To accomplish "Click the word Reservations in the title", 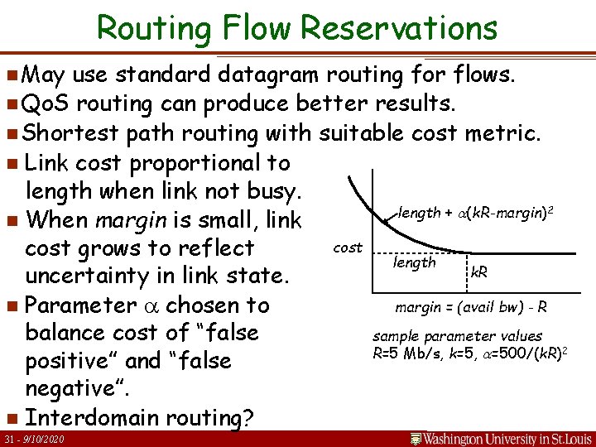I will click(399, 28).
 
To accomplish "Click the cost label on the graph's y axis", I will click(347, 248).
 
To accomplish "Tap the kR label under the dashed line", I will click(478, 271).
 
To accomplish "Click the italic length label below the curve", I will click(415, 262).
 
